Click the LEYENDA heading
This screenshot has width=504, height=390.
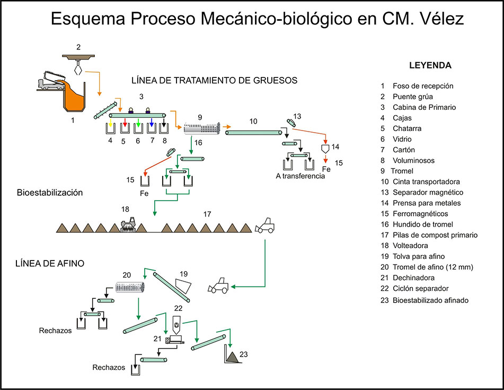tap(430, 66)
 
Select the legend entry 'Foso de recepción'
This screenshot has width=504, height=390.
tap(422, 86)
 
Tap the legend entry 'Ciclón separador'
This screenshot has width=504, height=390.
tap(420, 288)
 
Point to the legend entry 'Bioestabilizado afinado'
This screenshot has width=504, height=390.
tap(430, 300)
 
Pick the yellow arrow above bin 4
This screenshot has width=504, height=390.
tap(110, 124)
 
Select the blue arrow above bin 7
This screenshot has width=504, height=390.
tap(151, 124)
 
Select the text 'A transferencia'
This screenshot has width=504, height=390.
tap(299, 176)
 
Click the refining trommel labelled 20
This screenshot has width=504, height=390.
tap(131, 287)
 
